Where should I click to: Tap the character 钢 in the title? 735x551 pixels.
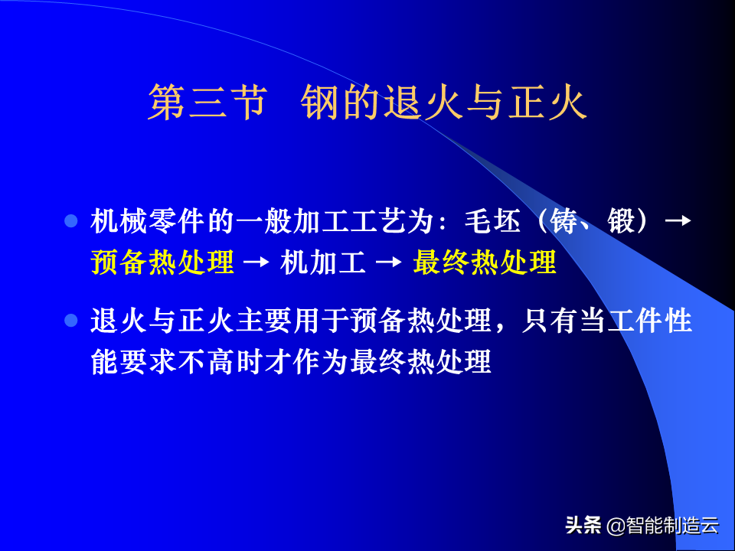[320, 103]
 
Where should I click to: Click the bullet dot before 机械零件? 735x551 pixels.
[70, 220]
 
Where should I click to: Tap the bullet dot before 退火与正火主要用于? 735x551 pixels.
[70, 321]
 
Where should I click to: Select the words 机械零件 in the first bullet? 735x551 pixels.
[148, 221]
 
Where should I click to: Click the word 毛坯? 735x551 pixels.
[492, 221]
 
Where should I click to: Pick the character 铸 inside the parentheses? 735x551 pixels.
[563, 221]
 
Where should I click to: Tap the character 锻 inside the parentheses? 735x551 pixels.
[622, 221]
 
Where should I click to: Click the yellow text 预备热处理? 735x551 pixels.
[162, 262]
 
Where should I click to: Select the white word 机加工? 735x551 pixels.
[323, 262]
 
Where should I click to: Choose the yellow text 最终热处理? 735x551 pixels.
[485, 262]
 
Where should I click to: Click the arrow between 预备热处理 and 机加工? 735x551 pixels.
[256, 262]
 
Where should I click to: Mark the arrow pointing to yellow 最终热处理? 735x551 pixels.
[389, 262]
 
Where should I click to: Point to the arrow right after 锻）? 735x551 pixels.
[678, 220]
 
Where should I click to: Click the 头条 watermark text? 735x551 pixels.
[583, 525]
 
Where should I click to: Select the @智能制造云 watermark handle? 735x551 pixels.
[662, 525]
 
